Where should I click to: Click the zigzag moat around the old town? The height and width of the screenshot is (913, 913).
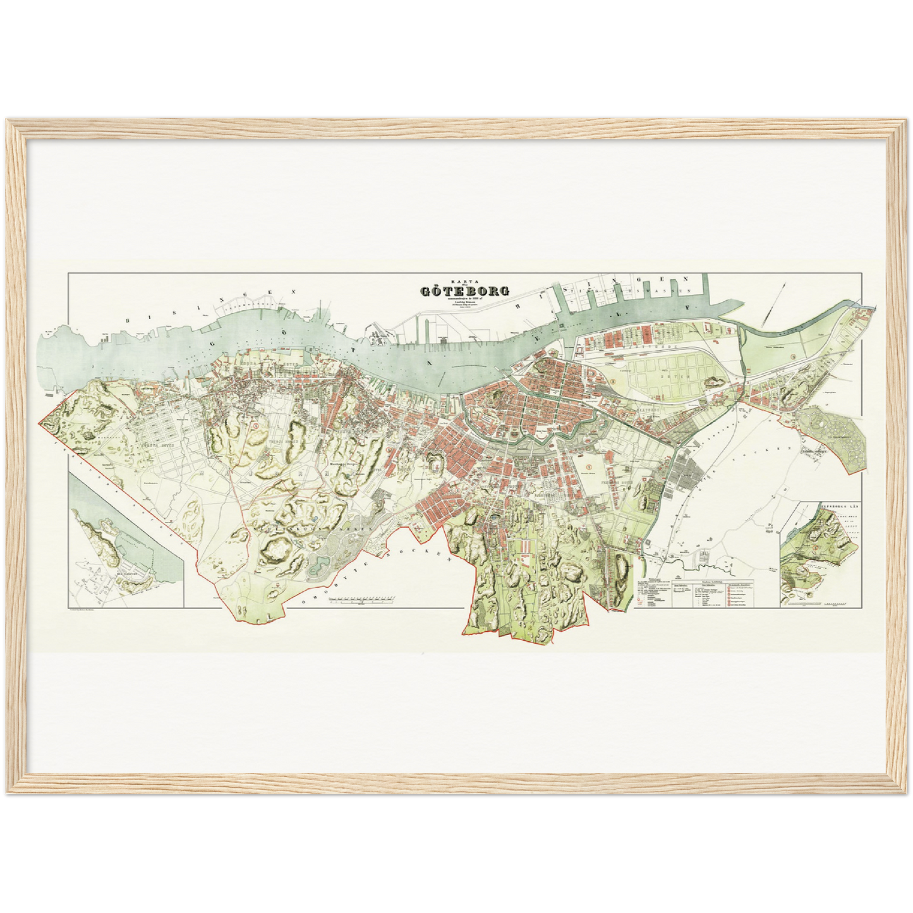[x=537, y=436]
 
